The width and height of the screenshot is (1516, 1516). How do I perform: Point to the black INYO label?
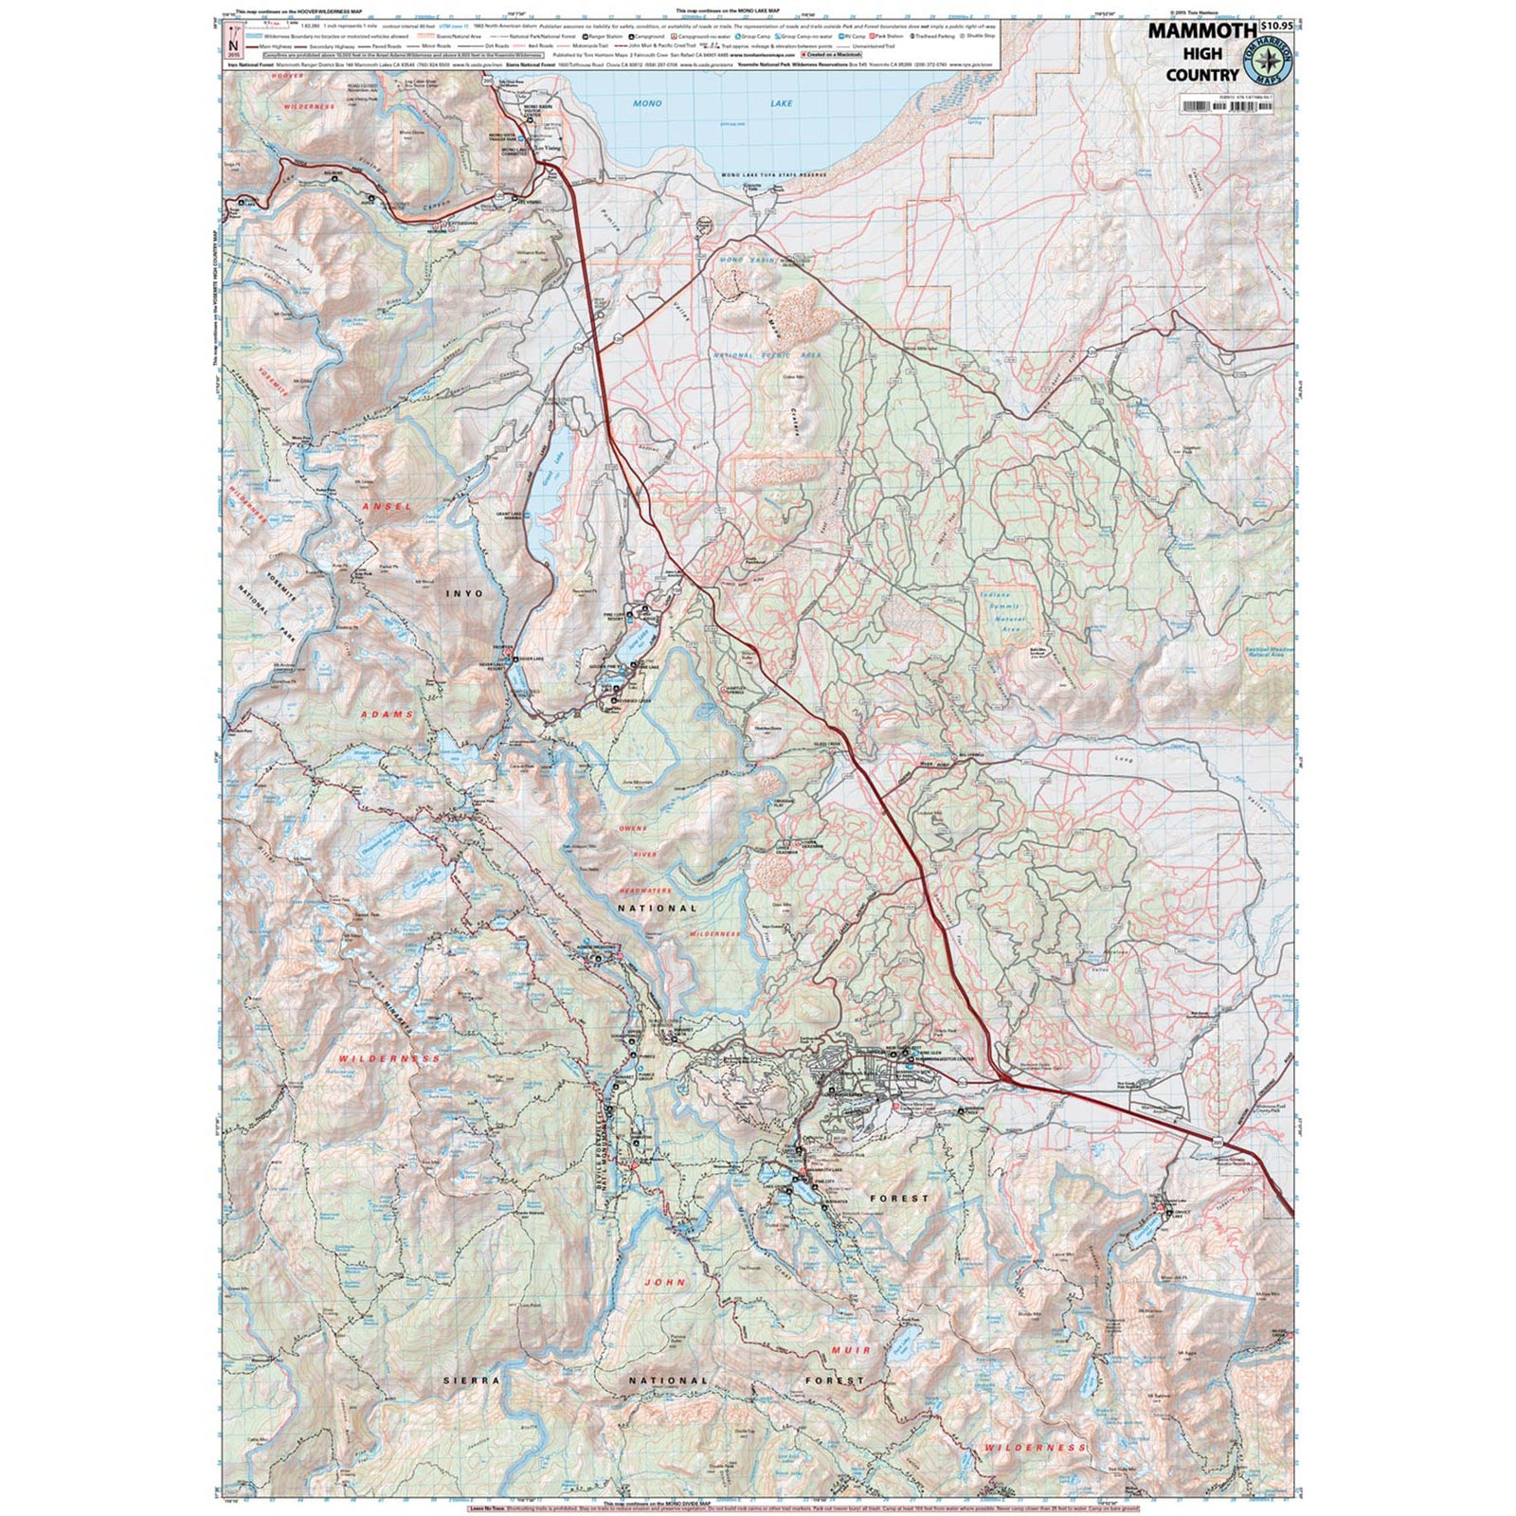pos(464,593)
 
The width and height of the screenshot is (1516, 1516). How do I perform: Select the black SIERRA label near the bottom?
pos(471,1381)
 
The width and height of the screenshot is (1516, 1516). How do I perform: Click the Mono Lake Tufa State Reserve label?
pos(774,176)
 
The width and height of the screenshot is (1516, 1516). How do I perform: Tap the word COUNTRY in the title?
pos(1202,74)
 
